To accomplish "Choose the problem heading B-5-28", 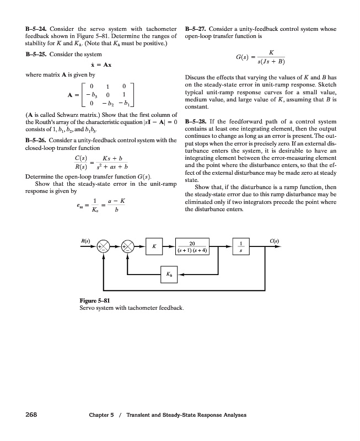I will (x=197, y=121).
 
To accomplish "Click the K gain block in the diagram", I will (x=155, y=246).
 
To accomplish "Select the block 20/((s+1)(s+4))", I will (x=191, y=246).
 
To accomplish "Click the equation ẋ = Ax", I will (x=101, y=64).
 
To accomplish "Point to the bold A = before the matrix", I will (x=72, y=95).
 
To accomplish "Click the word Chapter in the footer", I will (x=98, y=416).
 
